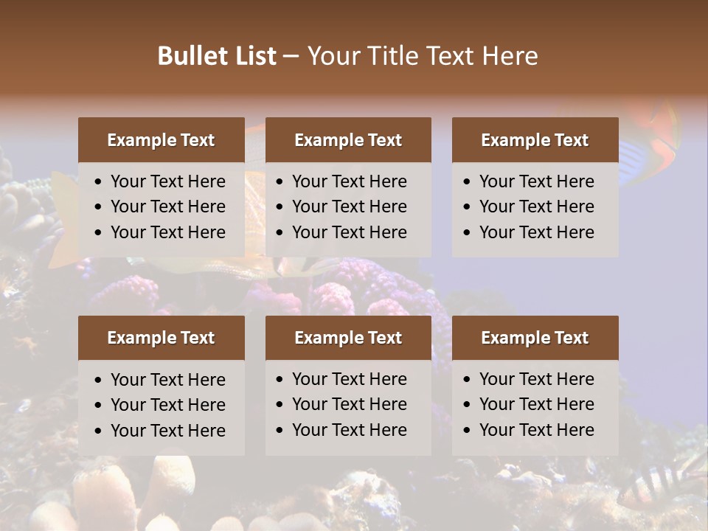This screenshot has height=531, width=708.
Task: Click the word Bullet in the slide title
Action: coord(189,56)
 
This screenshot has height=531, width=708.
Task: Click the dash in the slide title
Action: coord(291,57)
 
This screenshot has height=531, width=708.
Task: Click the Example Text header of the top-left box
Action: coord(161,140)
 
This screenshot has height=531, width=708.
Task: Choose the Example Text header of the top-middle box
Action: coord(348,140)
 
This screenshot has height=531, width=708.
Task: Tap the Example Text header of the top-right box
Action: coord(535,140)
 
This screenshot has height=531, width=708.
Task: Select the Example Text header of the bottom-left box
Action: coord(161,338)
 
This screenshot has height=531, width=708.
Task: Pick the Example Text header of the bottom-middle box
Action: coord(348,338)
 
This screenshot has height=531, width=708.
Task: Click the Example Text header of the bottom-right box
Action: coord(535,338)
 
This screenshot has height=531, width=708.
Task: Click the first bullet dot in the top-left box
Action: coord(99,182)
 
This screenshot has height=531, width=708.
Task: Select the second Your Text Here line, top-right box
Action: coord(536,206)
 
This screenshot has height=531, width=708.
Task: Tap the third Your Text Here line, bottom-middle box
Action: coord(349,429)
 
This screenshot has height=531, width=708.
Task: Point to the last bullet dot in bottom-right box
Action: coord(467,430)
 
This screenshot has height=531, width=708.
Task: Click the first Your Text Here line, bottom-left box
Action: coord(167,380)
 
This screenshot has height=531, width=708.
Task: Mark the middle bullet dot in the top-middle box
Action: coord(280,207)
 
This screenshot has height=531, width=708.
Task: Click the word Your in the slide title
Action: coord(330,56)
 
